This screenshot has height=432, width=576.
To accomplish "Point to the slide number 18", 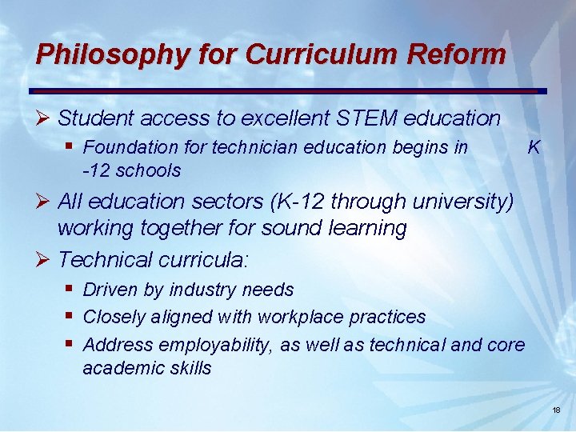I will click(557, 410).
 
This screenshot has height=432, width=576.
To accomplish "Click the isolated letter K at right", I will click(534, 147).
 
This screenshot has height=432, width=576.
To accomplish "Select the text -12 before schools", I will click(95, 170).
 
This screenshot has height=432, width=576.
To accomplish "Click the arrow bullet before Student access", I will click(44, 119).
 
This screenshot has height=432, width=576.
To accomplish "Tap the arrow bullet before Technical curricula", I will click(44, 260).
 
